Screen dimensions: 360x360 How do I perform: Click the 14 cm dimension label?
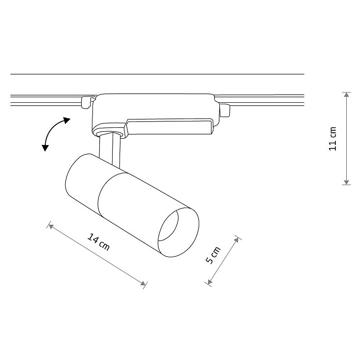click(98, 242)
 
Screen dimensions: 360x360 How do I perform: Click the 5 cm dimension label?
click(213, 255)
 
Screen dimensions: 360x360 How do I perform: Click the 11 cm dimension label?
click(332, 139)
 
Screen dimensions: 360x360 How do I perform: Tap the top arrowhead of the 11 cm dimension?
click(346, 95)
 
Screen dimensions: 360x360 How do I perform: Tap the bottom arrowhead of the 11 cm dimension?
click(346, 182)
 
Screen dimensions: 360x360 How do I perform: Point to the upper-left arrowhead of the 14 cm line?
click(51, 226)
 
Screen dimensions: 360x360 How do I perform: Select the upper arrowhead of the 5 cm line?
click(237, 240)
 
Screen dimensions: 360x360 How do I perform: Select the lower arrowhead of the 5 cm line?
click(210, 282)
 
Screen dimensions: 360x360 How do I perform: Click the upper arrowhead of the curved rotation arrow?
click(67, 120)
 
